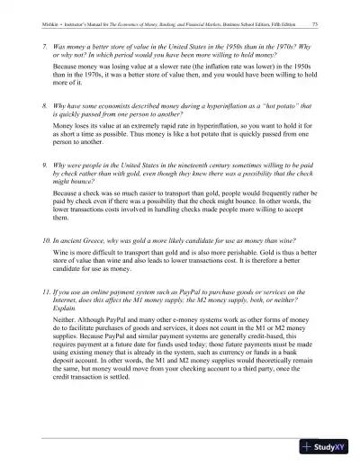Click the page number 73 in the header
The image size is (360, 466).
point(312,24)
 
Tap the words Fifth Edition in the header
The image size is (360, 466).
point(282,24)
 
